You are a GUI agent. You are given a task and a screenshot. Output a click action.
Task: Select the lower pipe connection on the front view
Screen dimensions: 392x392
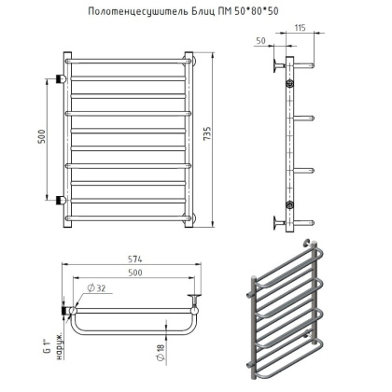coord(62,201)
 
